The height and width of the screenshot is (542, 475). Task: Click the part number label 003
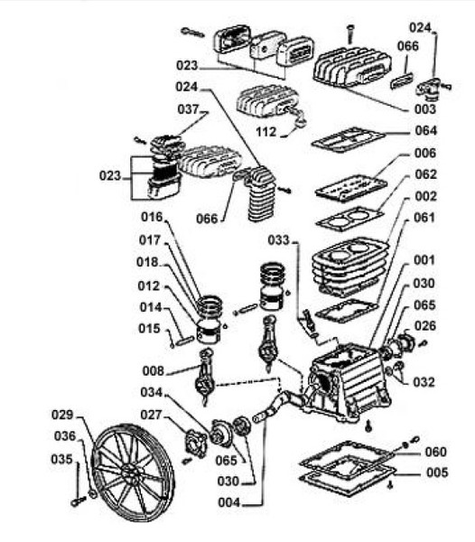(425, 109)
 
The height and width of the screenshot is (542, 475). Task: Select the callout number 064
(426, 131)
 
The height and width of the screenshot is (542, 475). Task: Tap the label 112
(266, 132)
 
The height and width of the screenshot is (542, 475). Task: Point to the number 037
(188, 109)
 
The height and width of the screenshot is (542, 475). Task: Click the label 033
(278, 240)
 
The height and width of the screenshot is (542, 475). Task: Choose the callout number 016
(152, 217)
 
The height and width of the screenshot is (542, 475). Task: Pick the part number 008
(153, 371)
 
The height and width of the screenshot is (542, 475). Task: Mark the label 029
(62, 415)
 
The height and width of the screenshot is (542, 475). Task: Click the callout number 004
(228, 502)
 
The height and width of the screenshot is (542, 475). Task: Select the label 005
(437, 472)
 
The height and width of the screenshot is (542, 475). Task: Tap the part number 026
(425, 325)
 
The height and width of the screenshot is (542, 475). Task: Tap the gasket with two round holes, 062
(349, 218)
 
